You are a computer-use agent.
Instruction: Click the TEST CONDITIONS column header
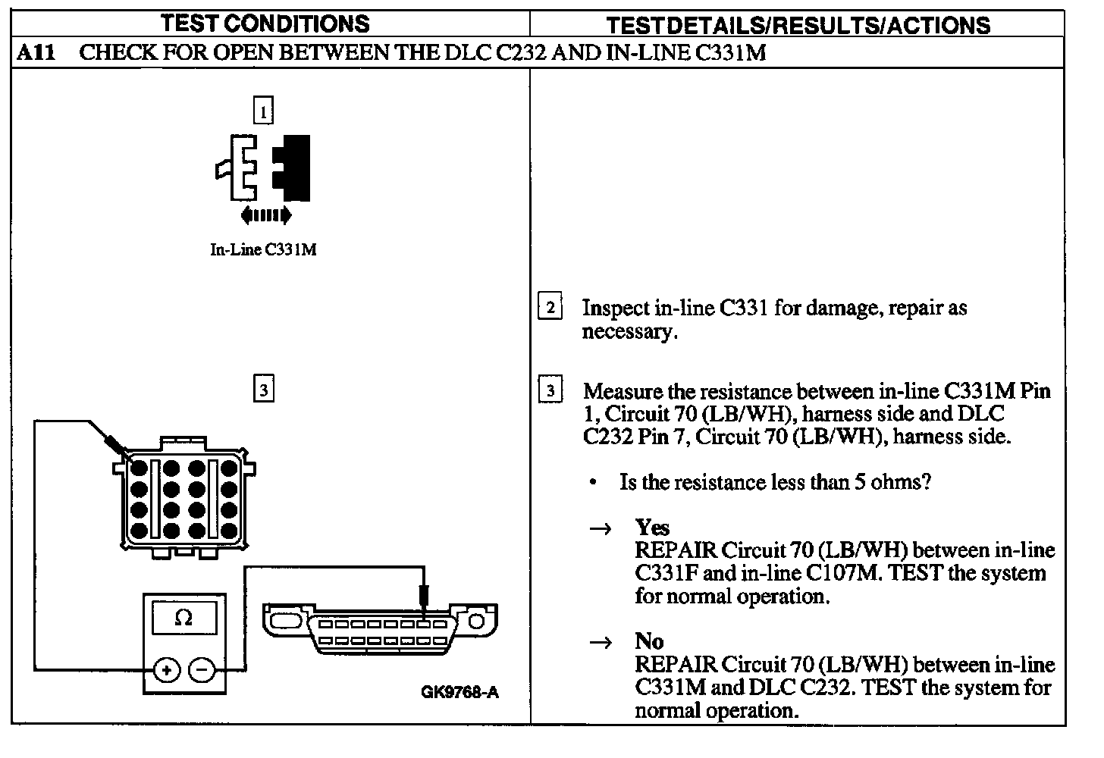pos(265,23)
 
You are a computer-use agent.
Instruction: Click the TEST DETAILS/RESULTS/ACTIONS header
pos(798,25)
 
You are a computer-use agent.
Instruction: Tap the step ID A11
pos(36,53)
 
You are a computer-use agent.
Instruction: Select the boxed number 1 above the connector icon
pos(263,111)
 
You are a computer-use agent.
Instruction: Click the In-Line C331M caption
pos(263,249)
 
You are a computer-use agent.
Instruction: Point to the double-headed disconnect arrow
pos(265,216)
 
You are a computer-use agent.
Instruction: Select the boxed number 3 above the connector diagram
pos(263,390)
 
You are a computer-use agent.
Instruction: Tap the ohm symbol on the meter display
pos(183,619)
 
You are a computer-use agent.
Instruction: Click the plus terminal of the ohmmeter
pos(166,669)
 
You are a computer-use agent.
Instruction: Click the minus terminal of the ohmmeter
pos(201,669)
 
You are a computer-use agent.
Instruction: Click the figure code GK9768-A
pos(461,692)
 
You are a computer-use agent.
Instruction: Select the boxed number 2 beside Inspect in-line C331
pos(550,307)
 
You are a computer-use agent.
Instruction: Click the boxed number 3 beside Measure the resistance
pos(550,391)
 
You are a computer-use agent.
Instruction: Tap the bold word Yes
pos(652,528)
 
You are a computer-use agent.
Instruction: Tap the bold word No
pos(649,641)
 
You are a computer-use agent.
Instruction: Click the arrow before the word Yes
pos(601,529)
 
